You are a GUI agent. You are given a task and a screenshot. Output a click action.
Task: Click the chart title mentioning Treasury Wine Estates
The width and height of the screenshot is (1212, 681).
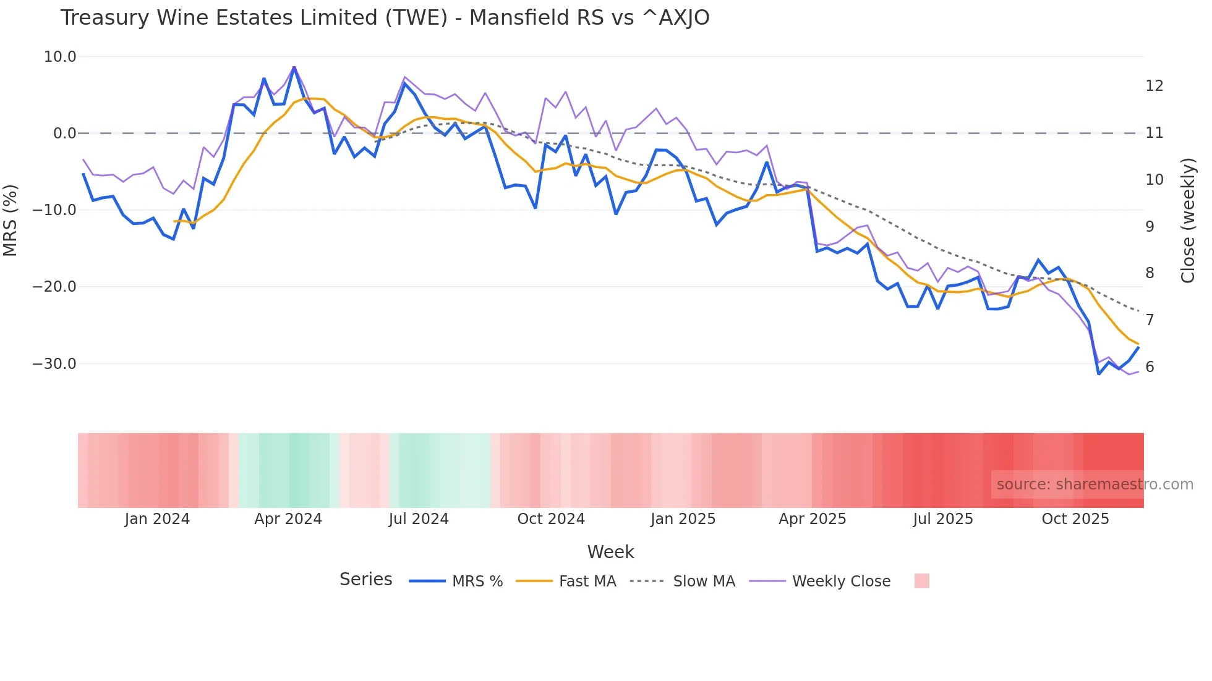click(x=385, y=17)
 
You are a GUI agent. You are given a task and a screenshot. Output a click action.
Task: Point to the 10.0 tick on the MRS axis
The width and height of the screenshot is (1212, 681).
click(x=60, y=57)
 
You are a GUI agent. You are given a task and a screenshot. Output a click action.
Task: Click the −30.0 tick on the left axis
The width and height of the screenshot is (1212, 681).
click(x=54, y=363)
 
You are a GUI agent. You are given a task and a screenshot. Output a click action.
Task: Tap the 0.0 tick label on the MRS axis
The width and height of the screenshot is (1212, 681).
click(x=64, y=133)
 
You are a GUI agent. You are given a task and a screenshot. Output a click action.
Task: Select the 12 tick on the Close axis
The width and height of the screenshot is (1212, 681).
click(x=1154, y=86)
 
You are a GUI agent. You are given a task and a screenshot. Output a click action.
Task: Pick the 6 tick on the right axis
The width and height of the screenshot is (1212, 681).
click(x=1150, y=367)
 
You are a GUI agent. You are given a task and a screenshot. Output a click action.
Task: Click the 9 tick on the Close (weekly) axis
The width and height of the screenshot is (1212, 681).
click(x=1150, y=227)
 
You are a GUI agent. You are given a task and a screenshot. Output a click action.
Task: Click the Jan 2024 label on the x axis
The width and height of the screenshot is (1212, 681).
click(x=157, y=519)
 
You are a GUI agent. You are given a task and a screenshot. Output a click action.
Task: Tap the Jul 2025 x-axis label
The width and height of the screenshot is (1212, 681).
click(x=943, y=519)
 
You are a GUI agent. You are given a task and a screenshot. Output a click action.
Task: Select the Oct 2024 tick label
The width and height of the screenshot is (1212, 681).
click(x=551, y=519)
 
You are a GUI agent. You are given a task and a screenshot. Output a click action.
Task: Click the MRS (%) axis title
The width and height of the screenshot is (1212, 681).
click(x=11, y=220)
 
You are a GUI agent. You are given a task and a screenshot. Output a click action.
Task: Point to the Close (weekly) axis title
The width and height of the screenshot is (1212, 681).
click(x=1188, y=221)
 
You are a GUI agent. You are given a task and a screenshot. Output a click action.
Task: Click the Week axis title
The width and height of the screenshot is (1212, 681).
click(x=610, y=552)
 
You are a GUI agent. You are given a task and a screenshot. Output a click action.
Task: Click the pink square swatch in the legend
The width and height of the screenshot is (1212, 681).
click(x=921, y=581)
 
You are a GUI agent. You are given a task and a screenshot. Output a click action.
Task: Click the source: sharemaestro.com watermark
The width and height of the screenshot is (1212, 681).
click(x=1095, y=484)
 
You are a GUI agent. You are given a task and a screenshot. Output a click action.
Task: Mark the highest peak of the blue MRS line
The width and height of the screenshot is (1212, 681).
click(x=294, y=67)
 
